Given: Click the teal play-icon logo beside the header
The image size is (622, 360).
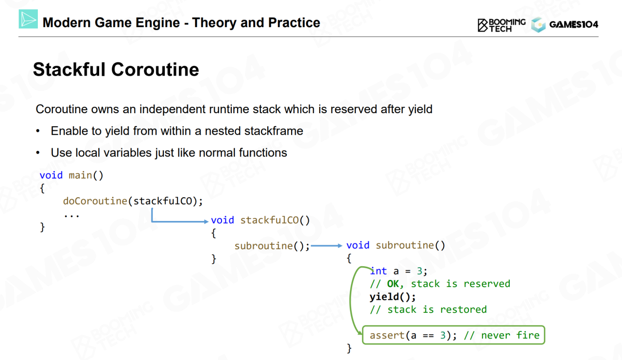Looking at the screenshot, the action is [28, 19].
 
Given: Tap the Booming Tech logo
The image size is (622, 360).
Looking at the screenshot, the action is [501, 25].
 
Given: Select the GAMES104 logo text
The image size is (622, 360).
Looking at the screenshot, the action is [574, 24].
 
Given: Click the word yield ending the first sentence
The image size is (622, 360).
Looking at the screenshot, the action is [420, 109].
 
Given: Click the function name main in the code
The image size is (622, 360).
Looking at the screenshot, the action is [80, 175].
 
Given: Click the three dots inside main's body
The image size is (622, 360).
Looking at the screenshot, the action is [71, 215].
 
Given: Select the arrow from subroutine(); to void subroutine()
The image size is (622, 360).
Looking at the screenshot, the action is [327, 246].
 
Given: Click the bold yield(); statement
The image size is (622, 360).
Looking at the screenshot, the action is [393, 297].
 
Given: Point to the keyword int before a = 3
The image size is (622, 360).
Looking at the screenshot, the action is [379, 271].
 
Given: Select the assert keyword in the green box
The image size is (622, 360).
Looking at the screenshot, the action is [387, 335].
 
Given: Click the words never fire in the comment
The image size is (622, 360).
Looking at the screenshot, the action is [510, 335].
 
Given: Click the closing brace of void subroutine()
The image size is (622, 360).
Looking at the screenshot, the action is [349, 348].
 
